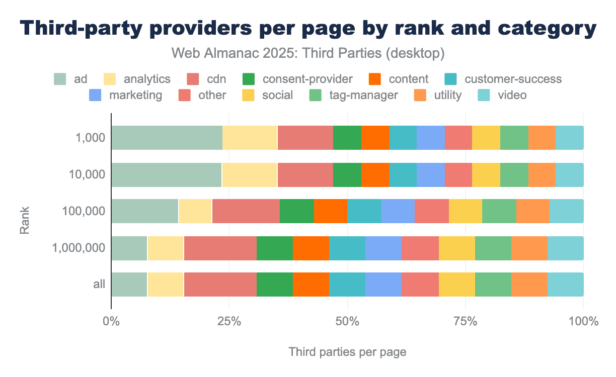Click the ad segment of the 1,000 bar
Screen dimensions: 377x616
coord(167,138)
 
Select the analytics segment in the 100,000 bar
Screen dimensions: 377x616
coord(195,211)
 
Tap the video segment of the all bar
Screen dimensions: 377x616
coord(565,285)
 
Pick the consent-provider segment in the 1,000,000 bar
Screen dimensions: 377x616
coord(274,248)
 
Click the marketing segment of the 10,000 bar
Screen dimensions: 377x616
coord(431,174)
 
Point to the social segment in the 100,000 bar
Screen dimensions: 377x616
coord(465,211)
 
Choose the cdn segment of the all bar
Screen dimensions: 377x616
coord(220,285)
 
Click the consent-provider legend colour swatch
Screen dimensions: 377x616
coord(249,79)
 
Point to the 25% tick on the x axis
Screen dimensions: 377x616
coord(229,321)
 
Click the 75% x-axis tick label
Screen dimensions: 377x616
coord(465,321)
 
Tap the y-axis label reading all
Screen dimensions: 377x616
coord(99,285)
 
